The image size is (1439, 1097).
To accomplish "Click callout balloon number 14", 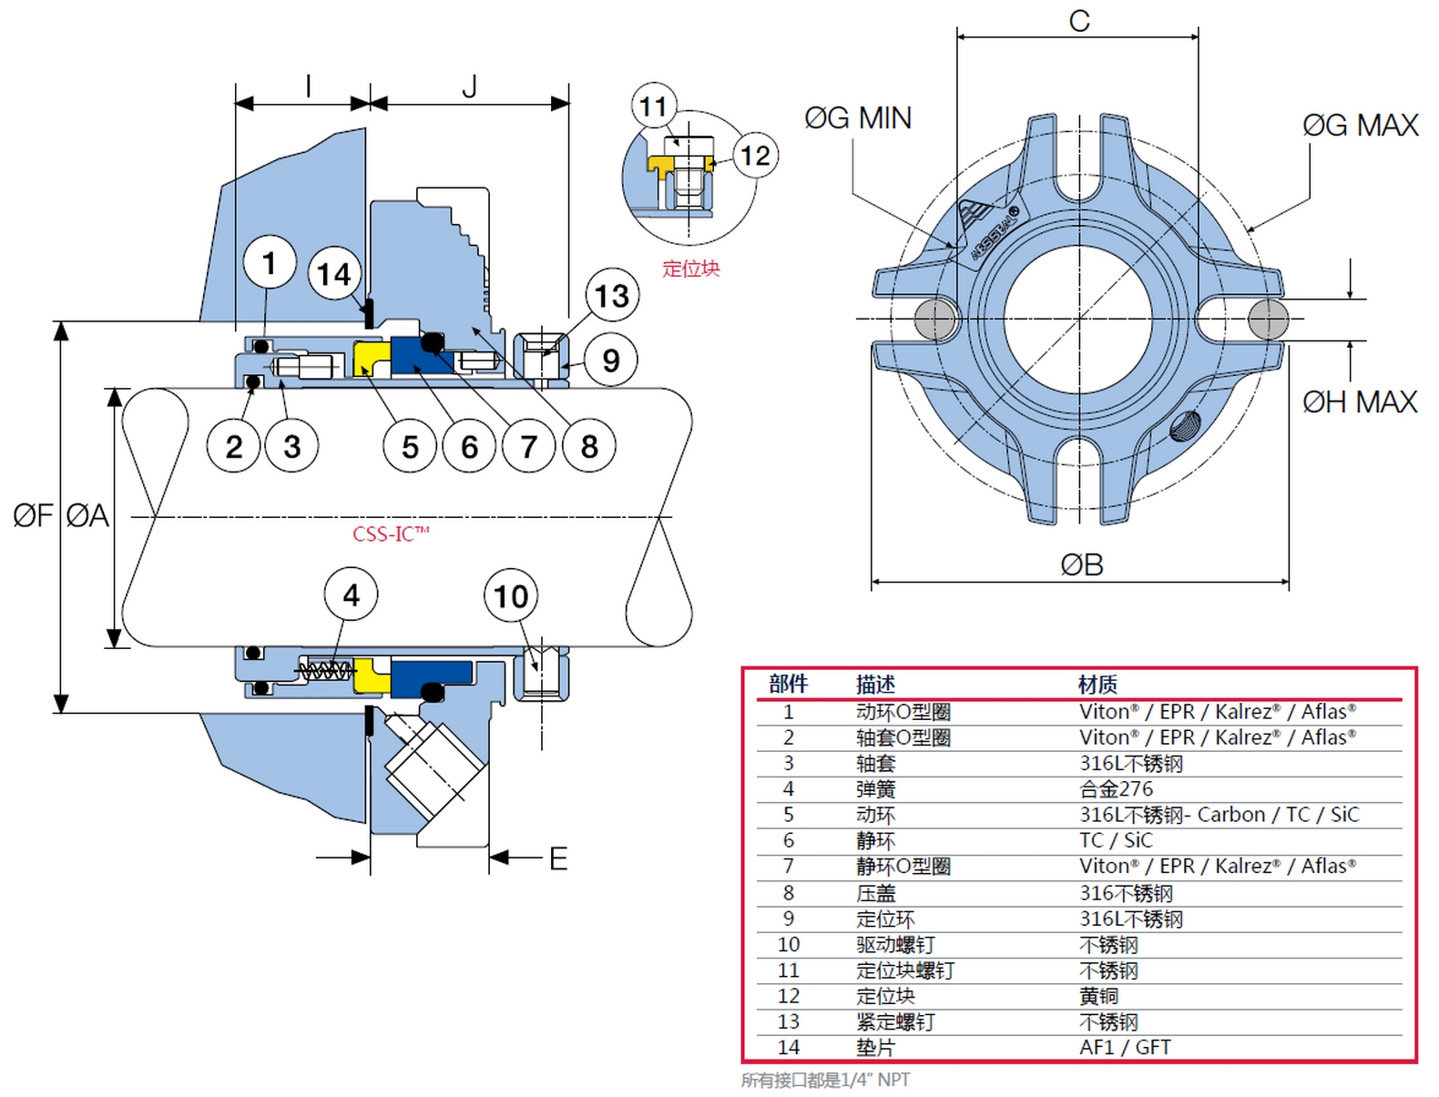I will click(334, 274).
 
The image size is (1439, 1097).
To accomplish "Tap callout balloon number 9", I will click(610, 361).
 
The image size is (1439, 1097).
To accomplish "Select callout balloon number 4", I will click(351, 595).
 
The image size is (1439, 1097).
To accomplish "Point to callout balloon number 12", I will click(754, 156).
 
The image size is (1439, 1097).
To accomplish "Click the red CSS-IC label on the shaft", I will click(391, 533).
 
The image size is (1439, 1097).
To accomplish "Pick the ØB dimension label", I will click(1082, 565).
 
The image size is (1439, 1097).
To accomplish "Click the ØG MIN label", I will click(857, 118).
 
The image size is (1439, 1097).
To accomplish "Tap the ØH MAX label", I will click(1360, 401).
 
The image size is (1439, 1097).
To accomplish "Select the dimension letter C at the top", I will click(1079, 21).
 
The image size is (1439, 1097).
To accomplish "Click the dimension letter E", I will click(558, 858).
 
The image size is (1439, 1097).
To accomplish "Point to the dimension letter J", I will click(470, 87).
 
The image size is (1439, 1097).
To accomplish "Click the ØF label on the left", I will click(34, 516).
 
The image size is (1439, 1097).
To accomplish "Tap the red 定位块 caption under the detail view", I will click(690, 269).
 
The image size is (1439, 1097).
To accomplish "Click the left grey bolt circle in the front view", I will click(934, 319).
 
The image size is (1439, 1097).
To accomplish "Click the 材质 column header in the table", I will click(1097, 685).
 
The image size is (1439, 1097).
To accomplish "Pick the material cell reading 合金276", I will click(1116, 789).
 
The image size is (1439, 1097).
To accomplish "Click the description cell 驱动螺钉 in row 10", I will click(894, 945).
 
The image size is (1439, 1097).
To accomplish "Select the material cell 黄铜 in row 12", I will click(1098, 997).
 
